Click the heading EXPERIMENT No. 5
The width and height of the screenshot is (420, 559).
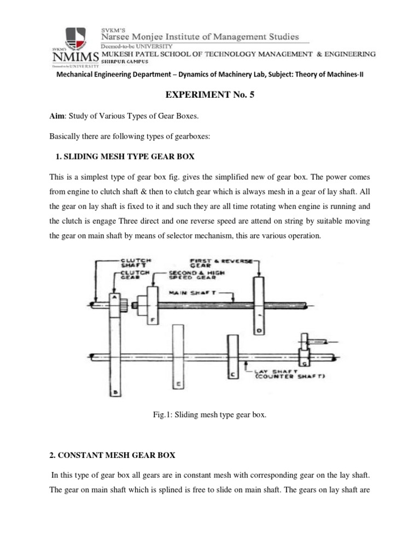click(209, 94)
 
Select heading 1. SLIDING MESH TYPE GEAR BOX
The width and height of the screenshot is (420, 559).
click(125, 157)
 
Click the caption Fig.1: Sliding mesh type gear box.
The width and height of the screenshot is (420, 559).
click(210, 415)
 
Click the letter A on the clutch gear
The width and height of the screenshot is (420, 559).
click(115, 298)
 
